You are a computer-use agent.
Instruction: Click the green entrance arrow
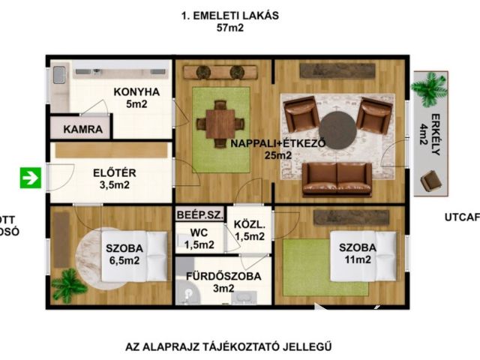31,178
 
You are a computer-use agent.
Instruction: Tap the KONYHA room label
136,92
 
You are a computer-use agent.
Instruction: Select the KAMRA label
82,128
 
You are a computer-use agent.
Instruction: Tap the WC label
198,232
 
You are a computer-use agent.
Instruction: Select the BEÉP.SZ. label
199,214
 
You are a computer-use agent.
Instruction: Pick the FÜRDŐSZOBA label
224,275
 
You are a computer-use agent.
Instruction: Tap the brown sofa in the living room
337,178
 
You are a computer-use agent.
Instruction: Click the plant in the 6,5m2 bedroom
69,284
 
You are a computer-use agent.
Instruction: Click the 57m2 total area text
230,29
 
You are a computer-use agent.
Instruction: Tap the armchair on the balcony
430,181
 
